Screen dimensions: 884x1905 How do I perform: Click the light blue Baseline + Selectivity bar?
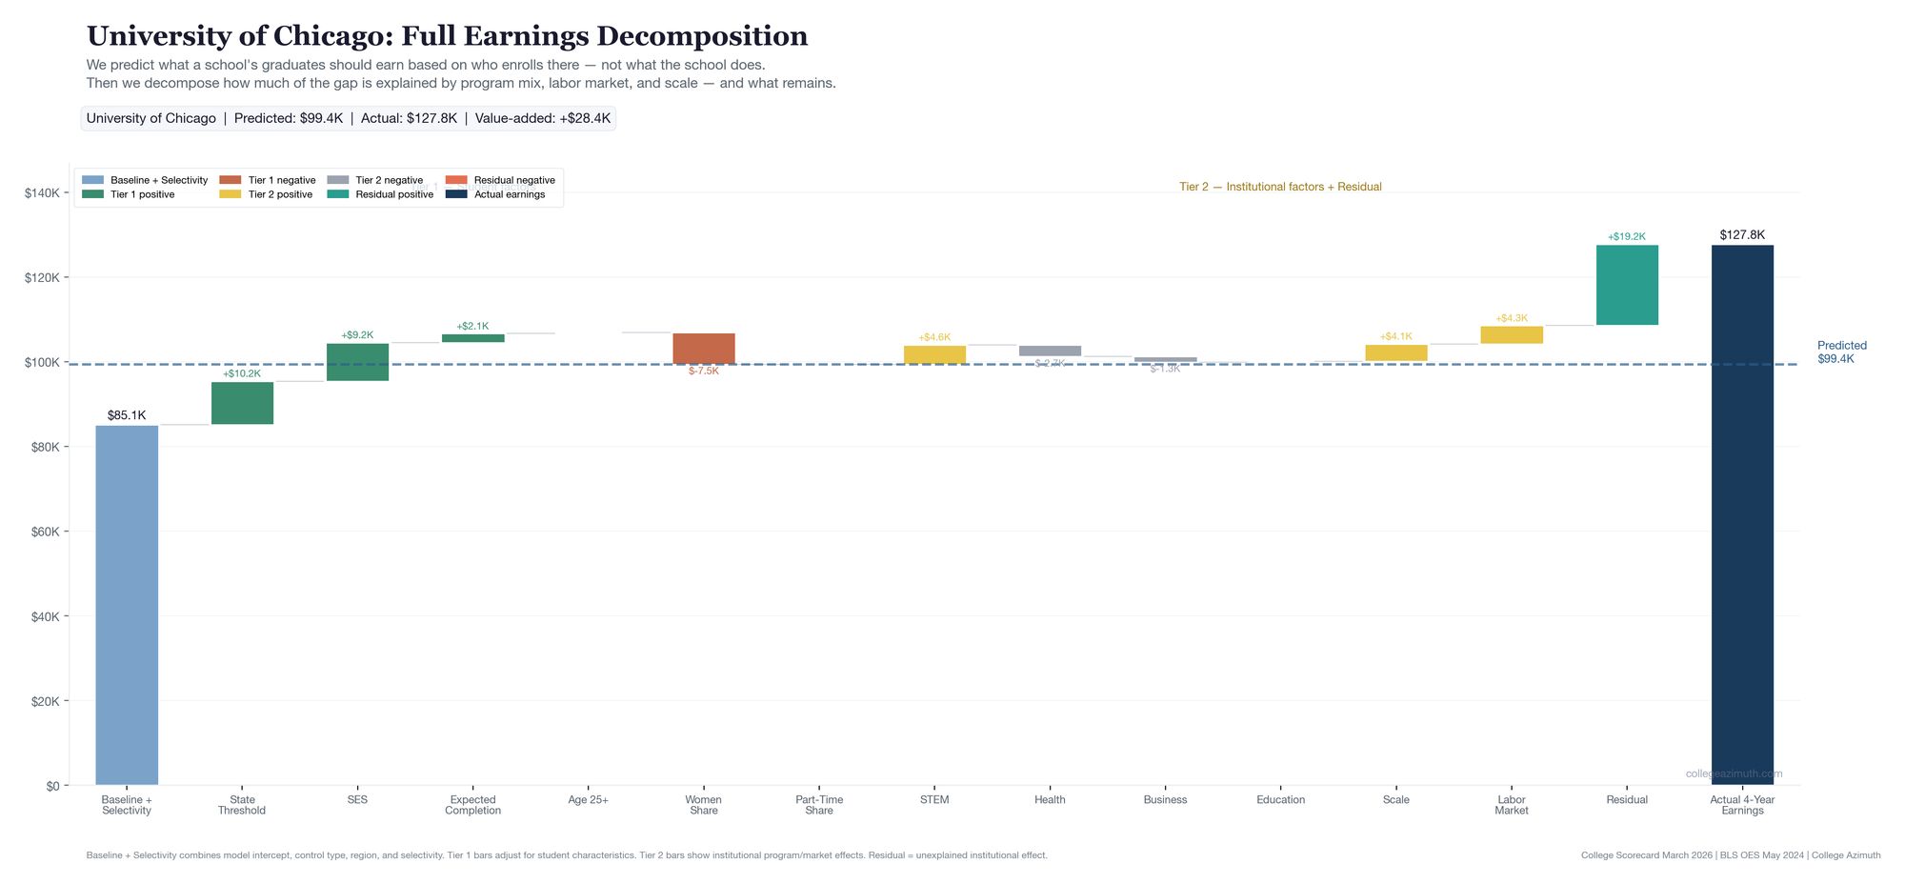click(x=127, y=605)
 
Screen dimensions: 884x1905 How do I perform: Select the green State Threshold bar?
click(x=242, y=403)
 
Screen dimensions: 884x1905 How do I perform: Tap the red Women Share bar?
click(x=704, y=348)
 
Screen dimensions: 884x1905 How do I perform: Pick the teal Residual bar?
click(x=1627, y=285)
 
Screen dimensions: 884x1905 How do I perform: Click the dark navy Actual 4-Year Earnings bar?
click(x=1742, y=514)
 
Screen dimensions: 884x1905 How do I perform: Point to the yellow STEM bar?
click(x=934, y=354)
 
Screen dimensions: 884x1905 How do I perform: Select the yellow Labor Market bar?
click(x=1512, y=334)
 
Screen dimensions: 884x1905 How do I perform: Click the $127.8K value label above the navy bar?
click(x=1742, y=234)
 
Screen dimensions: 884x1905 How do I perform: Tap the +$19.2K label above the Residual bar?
click(x=1627, y=236)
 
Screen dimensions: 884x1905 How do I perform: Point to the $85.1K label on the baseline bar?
click(x=127, y=415)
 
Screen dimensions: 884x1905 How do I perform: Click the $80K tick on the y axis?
click(x=48, y=447)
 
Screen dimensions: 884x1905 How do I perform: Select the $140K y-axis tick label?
click(x=45, y=193)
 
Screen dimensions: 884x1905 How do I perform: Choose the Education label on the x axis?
click(x=1280, y=800)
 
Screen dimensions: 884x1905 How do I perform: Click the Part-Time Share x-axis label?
click(x=819, y=805)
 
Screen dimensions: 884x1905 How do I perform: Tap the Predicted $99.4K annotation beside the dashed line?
click(x=1840, y=352)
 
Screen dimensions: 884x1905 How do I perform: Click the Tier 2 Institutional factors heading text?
click(x=1280, y=187)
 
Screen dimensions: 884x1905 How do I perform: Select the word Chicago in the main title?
click(x=331, y=36)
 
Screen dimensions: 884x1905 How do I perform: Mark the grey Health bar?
click(x=1050, y=351)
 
